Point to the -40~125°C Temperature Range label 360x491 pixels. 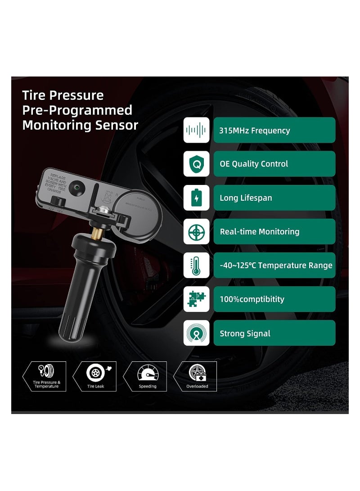pyautogui.click(x=275, y=266)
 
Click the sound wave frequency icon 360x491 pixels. pyautogui.click(x=196, y=131)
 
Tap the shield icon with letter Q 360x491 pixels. pyautogui.click(x=196, y=164)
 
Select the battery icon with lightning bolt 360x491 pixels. pyautogui.click(x=196, y=198)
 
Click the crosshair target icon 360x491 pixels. pyautogui.click(x=196, y=232)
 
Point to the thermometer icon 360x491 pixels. pyautogui.click(x=196, y=266)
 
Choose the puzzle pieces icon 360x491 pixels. pyautogui.click(x=196, y=299)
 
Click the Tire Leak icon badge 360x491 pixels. pyautogui.click(x=95, y=376)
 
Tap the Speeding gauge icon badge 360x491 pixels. pyautogui.click(x=147, y=376)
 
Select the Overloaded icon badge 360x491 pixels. pyautogui.click(x=197, y=376)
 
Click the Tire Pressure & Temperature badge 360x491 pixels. pyautogui.click(x=45, y=376)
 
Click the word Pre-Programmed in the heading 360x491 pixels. pyautogui.click(x=77, y=110)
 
